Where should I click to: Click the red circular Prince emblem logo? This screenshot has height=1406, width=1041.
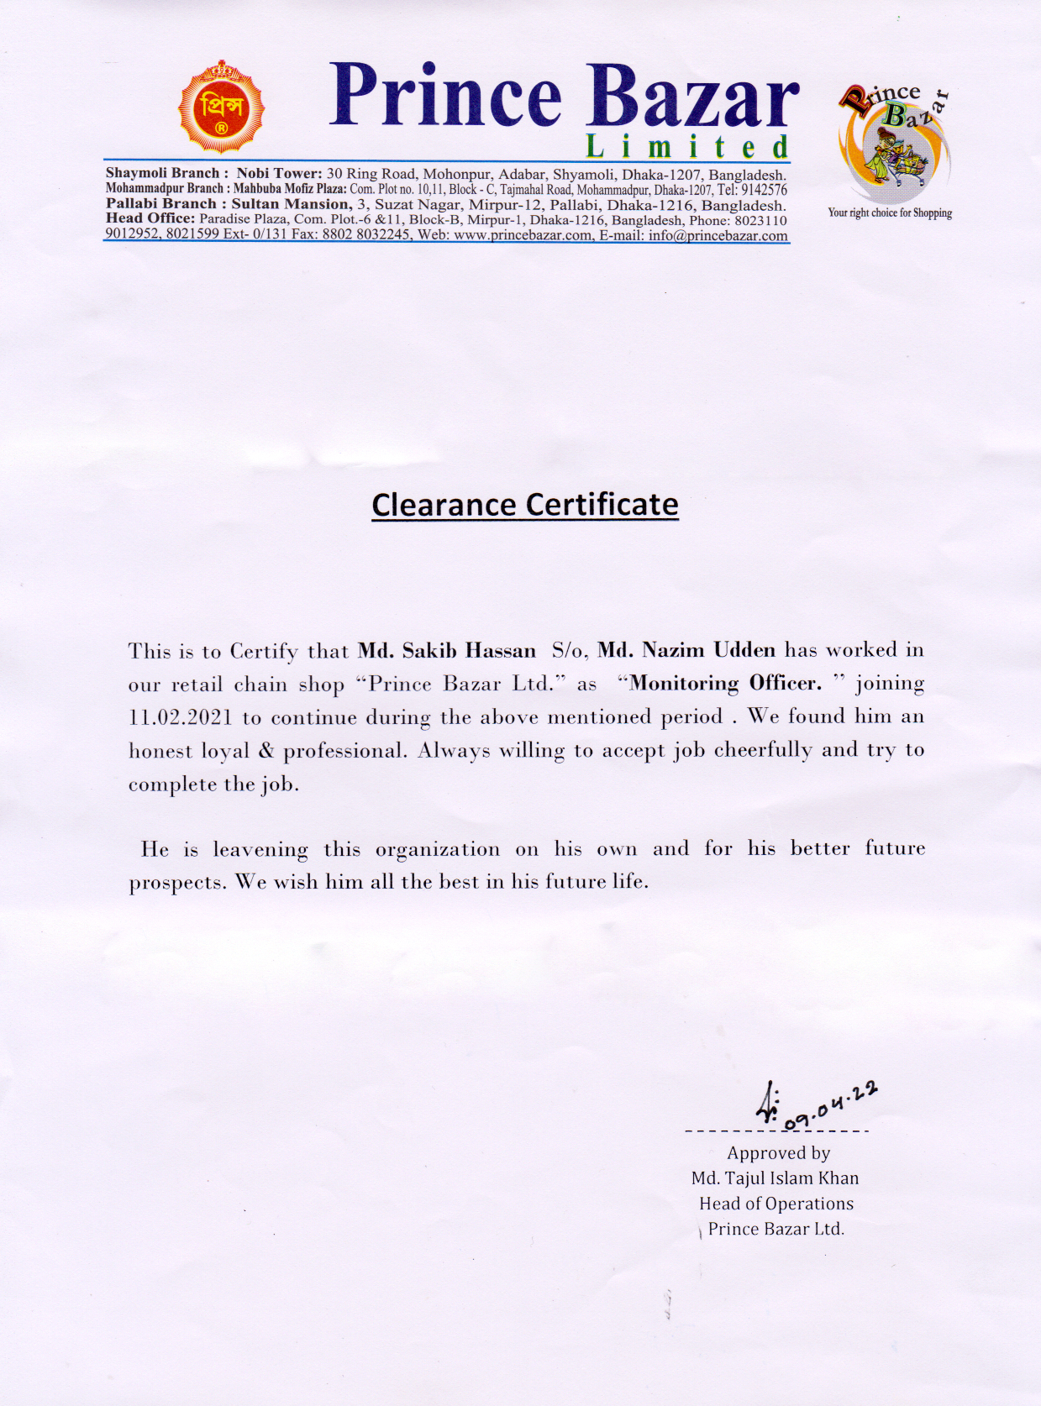(221, 108)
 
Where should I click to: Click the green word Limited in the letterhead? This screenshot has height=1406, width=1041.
(687, 147)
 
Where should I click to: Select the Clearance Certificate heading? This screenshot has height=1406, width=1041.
(525, 505)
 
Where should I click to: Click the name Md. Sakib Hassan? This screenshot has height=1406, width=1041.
(447, 651)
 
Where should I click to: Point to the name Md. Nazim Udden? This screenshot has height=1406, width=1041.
(686, 650)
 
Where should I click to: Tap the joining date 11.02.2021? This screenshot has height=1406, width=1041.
(181, 718)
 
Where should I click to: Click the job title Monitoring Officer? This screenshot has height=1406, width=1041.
(726, 684)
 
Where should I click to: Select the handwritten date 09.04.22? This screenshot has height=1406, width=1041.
(832, 1104)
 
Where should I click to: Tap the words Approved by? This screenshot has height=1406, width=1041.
(778, 1153)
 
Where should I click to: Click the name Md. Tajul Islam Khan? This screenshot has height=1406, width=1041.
(775, 1178)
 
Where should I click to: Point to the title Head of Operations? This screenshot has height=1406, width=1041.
(776, 1204)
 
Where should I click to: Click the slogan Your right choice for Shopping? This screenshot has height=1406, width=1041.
(890, 213)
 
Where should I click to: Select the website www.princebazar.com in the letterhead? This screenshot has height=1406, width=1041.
(523, 236)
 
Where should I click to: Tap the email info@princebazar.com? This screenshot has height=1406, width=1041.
(718, 236)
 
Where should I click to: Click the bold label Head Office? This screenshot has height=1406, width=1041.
(150, 219)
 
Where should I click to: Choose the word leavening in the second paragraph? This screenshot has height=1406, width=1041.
(260, 850)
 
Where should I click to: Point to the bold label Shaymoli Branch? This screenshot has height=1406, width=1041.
(161, 174)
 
